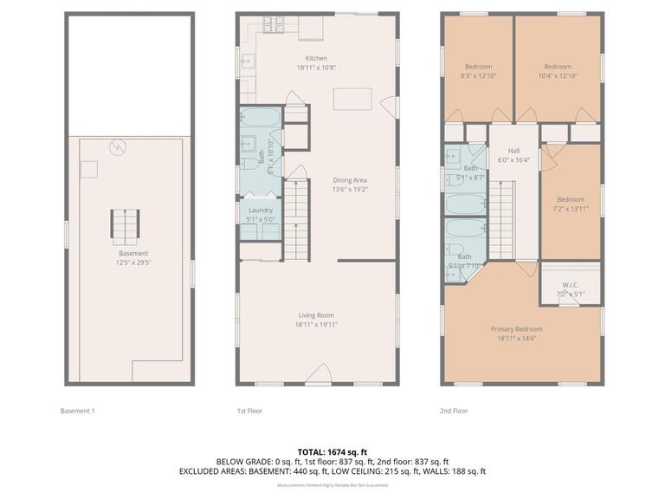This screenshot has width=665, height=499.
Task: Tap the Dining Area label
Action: (x=351, y=180)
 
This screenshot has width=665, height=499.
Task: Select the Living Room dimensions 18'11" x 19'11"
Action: (x=315, y=324)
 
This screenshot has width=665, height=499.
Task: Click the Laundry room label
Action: (x=261, y=210)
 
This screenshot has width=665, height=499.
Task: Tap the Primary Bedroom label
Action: (x=516, y=329)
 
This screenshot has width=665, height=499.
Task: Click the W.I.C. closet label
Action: (x=570, y=284)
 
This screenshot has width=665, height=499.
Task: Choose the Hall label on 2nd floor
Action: (x=513, y=150)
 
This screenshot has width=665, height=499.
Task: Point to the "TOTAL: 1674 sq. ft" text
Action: (x=332, y=451)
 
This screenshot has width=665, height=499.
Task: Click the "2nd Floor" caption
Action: (x=454, y=411)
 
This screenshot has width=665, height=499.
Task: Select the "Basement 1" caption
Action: (x=76, y=411)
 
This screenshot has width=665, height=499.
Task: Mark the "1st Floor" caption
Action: (x=249, y=411)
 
